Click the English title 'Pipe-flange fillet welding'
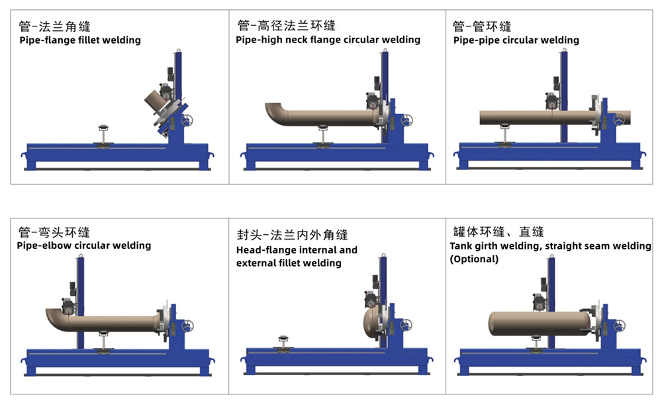(79, 40)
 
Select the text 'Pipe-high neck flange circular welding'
(328, 40)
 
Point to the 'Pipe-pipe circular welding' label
(516, 40)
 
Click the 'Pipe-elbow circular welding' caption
(83, 246)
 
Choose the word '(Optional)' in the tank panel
(474, 259)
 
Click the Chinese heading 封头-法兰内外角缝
(292, 235)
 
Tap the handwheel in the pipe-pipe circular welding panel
(619, 120)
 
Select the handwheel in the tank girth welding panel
(620, 325)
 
